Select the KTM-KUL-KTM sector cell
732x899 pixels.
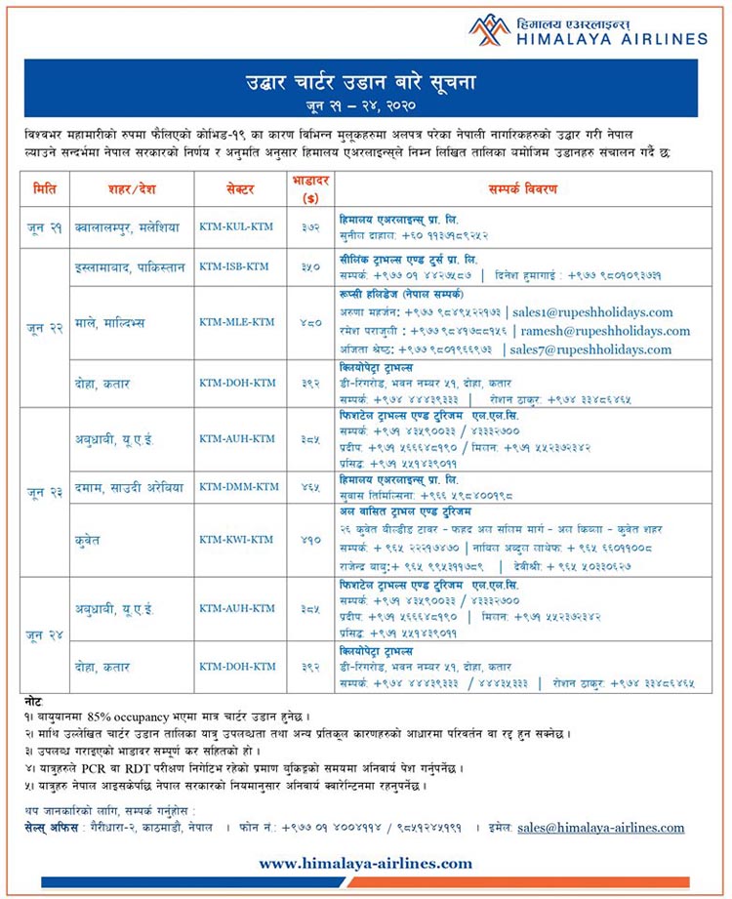pos(236,226)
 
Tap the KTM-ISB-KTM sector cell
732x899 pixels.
pos(236,266)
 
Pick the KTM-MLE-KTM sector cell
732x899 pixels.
pos(236,322)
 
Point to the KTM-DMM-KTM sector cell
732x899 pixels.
pos(238,485)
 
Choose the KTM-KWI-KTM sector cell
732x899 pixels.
pos(236,538)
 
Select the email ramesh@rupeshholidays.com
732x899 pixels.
pos(612,331)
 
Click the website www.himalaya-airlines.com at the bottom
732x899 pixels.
pos(365,863)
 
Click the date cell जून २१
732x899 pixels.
pos(45,226)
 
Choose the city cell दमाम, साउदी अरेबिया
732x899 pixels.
pos(132,485)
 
